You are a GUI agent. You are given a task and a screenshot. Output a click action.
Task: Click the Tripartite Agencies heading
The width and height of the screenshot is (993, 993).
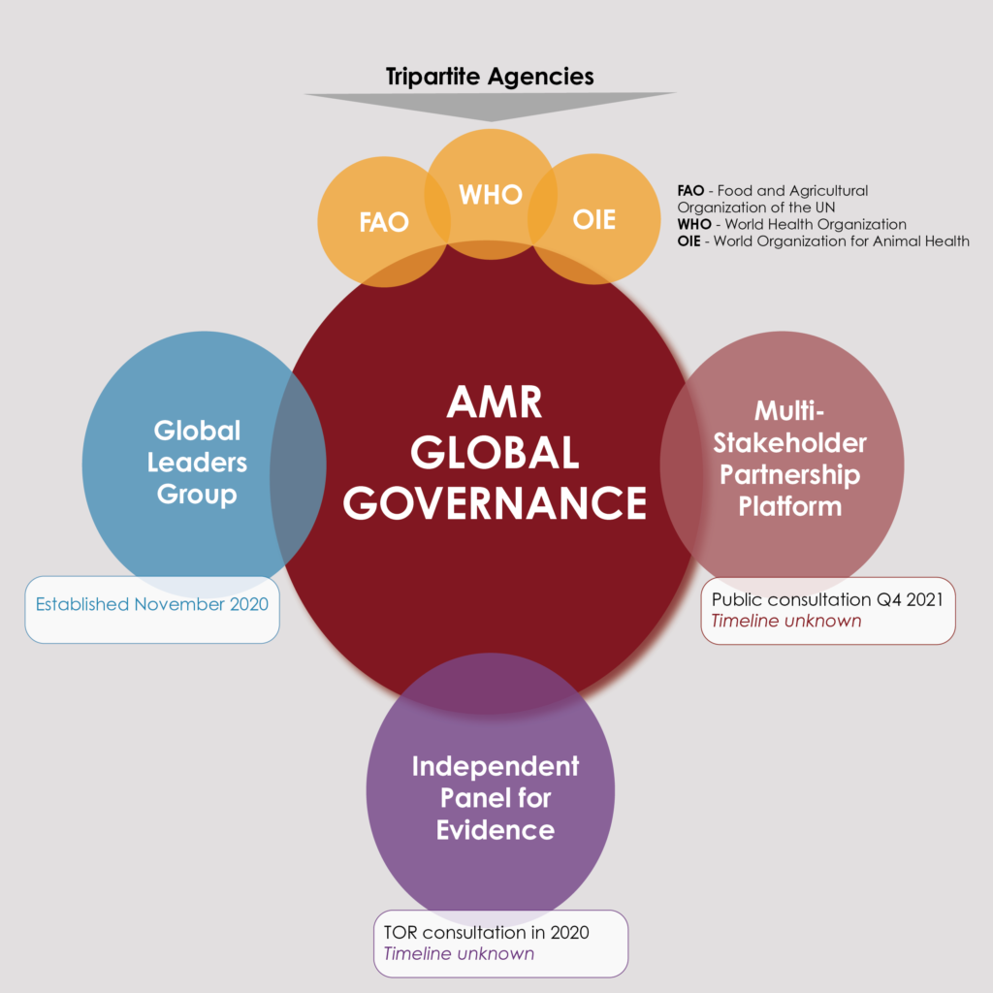(x=490, y=77)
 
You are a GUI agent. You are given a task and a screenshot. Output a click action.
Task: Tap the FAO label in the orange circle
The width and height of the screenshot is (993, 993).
(x=384, y=222)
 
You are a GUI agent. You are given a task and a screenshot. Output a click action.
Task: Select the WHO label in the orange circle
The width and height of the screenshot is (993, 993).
(x=491, y=194)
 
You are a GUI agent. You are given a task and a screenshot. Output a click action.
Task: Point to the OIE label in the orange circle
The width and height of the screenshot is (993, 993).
(x=594, y=220)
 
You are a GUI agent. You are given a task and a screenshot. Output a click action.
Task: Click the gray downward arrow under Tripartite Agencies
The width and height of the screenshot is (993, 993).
(x=491, y=106)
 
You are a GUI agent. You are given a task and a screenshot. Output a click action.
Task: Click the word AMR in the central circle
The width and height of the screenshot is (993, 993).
(x=494, y=402)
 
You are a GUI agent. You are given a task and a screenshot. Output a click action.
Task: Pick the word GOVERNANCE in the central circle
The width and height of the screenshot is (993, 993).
(x=495, y=503)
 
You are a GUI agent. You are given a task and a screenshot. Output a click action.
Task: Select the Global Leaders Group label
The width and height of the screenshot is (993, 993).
(x=197, y=463)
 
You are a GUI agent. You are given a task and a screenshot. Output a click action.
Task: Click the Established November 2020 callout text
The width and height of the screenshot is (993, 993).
(x=152, y=604)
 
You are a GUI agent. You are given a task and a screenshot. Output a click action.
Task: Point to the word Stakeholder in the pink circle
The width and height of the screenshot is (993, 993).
(x=789, y=442)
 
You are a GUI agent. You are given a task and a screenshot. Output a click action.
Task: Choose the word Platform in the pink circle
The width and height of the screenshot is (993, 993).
(x=789, y=506)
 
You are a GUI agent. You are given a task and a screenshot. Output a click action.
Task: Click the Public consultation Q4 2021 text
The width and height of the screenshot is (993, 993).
(x=827, y=599)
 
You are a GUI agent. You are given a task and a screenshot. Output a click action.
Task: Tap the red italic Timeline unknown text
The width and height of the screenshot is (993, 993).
(x=785, y=621)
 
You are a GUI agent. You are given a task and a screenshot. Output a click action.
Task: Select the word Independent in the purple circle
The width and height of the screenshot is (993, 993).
(x=496, y=766)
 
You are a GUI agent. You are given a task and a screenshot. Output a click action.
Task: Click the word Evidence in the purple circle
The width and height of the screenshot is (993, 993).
(x=496, y=830)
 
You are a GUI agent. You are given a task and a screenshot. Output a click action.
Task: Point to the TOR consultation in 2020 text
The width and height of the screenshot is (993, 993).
(x=487, y=932)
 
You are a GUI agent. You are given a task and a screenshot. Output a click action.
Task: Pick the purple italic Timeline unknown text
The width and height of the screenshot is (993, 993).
(x=459, y=954)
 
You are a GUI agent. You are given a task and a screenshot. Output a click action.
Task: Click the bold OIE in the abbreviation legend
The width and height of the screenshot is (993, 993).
(x=689, y=241)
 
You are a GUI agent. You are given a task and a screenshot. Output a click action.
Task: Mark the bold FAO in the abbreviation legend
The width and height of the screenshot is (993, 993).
(x=690, y=191)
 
